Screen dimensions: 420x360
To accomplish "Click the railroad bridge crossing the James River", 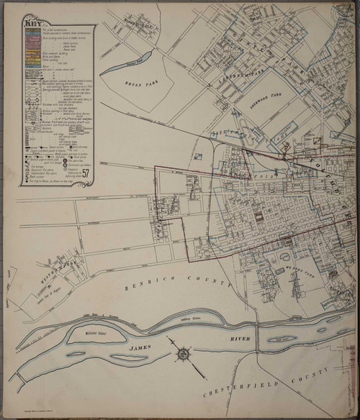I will [x=253, y=337].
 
